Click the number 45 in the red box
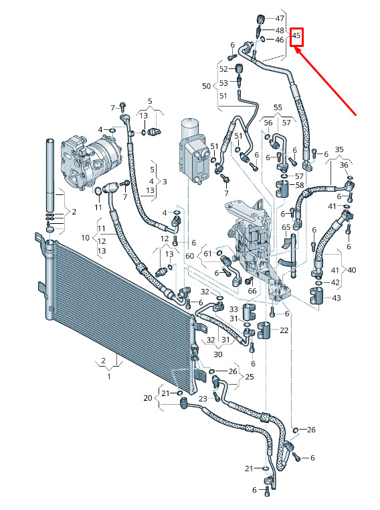point(296,35)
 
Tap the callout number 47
point(280,19)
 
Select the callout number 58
point(300,185)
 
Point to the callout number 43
point(337,298)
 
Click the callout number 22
point(284,330)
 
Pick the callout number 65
point(286,227)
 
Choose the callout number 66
point(252,291)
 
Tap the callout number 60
point(190,256)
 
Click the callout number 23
point(203,399)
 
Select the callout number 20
point(148,398)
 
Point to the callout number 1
point(109,377)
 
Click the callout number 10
point(86,238)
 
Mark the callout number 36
point(344,166)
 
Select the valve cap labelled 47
point(260,19)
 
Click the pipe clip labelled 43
point(316,296)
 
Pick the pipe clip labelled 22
point(264,330)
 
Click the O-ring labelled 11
point(98,191)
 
